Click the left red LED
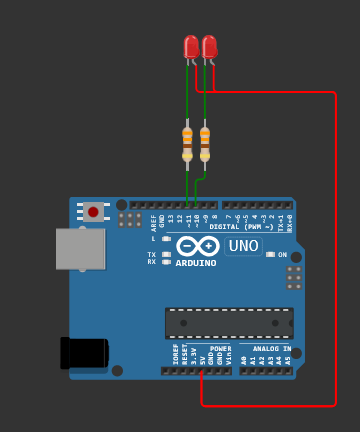tap(190, 47)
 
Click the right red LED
tap(208, 47)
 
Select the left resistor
tap(187, 141)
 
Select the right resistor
tap(205, 141)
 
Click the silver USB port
tap(80, 249)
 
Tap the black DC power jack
tap(84, 353)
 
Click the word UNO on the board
tap(243, 246)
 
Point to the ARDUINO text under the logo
tap(196, 263)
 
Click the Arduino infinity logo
tap(197, 246)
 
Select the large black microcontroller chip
tap(229, 323)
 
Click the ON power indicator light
tap(270, 254)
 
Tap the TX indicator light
tap(166, 254)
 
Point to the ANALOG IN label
tap(272, 349)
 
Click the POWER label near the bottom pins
tap(220, 349)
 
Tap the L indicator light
tap(166, 238)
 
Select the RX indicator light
tap(166, 261)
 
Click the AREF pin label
tap(154, 221)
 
